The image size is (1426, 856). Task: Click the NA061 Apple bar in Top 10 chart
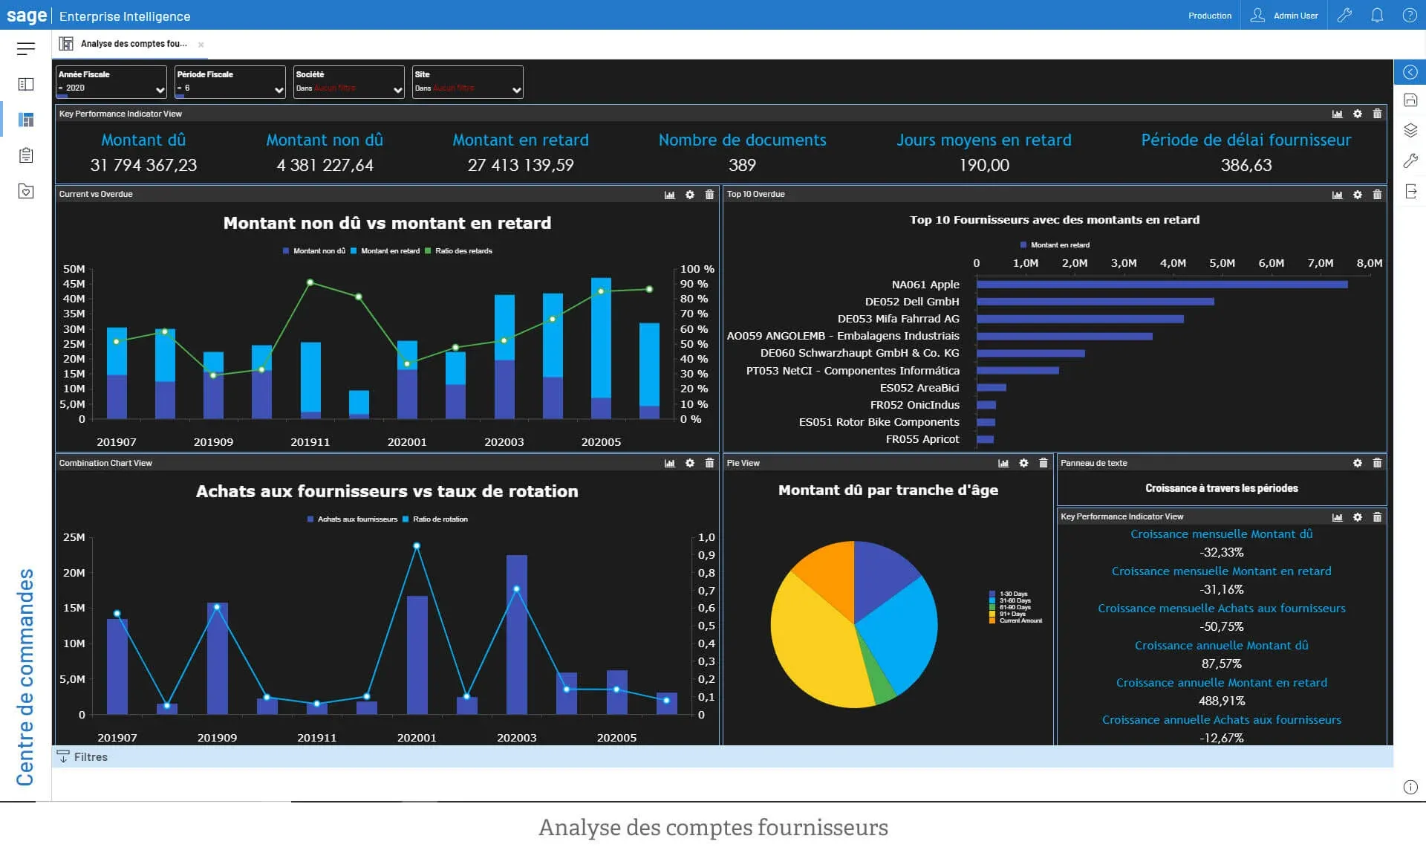click(x=1161, y=285)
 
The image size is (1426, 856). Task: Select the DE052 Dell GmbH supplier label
click(x=911, y=302)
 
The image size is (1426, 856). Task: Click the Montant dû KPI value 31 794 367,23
click(x=143, y=165)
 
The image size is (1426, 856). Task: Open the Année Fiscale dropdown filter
click(x=111, y=82)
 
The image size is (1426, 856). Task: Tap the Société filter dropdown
click(x=348, y=82)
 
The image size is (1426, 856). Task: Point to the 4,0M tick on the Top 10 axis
click(x=1173, y=263)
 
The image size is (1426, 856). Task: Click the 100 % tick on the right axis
click(x=697, y=269)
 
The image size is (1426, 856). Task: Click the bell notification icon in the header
click(x=1376, y=16)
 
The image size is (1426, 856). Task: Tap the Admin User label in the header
click(x=1295, y=16)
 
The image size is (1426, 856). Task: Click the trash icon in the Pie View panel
click(x=1043, y=463)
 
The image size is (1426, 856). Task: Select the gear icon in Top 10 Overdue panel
click(x=1357, y=195)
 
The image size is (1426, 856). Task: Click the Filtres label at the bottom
click(x=90, y=757)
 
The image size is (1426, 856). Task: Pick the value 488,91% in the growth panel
click(x=1221, y=701)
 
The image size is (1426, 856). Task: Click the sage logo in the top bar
click(x=27, y=16)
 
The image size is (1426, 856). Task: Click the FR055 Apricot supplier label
click(x=922, y=439)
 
